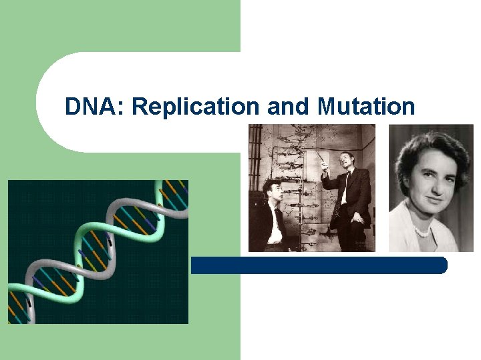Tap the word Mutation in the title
tap(366, 107)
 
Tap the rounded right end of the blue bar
tap(442, 265)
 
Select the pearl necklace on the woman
tap(423, 230)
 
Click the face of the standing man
tap(347, 161)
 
